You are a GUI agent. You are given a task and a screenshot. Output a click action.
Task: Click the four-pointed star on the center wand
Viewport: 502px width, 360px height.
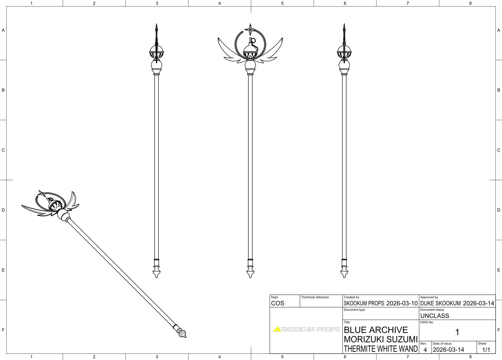tap(250, 30)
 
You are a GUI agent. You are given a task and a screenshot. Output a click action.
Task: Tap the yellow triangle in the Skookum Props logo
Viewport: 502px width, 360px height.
tap(277, 329)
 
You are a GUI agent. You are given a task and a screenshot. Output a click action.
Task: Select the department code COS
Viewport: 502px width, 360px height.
tap(278, 303)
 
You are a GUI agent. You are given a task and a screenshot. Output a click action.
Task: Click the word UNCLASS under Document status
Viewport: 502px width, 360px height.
tap(435, 316)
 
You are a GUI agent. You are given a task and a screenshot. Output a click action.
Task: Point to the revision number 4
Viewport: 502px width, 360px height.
tap(425, 350)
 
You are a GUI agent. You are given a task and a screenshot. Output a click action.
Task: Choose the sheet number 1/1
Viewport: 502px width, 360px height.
tap(486, 350)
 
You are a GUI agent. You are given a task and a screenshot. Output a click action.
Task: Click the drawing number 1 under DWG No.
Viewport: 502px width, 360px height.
tap(457, 332)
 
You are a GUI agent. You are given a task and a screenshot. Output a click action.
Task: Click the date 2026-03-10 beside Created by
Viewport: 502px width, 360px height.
tap(402, 303)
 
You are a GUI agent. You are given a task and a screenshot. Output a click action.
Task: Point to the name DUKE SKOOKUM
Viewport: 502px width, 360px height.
tap(441, 303)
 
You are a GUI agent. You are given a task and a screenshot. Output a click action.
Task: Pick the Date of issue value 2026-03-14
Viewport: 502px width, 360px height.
tap(448, 350)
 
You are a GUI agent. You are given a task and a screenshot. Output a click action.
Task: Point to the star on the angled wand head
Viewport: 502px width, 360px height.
tap(42, 194)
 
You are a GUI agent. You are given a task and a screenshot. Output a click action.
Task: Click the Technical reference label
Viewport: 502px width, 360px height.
tap(315, 297)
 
